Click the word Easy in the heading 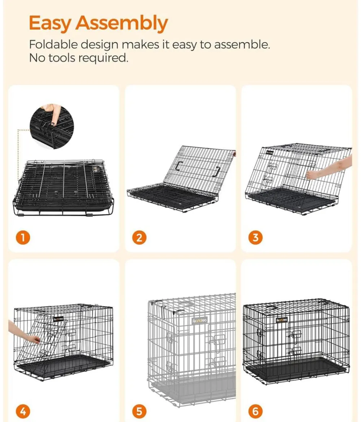pyautogui.click(x=50, y=23)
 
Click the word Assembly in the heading pyautogui.click(x=122, y=23)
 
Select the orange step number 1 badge pyautogui.click(x=23, y=238)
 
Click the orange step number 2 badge pyautogui.click(x=139, y=238)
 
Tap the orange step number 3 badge pyautogui.click(x=256, y=238)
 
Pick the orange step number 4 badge pyautogui.click(x=23, y=412)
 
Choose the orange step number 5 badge pyautogui.click(x=139, y=412)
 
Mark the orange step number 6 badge pyautogui.click(x=256, y=412)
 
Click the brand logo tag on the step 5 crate pyautogui.click(x=200, y=320)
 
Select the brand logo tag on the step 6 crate pyautogui.click(x=282, y=320)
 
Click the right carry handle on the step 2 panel pyautogui.click(x=218, y=171)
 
